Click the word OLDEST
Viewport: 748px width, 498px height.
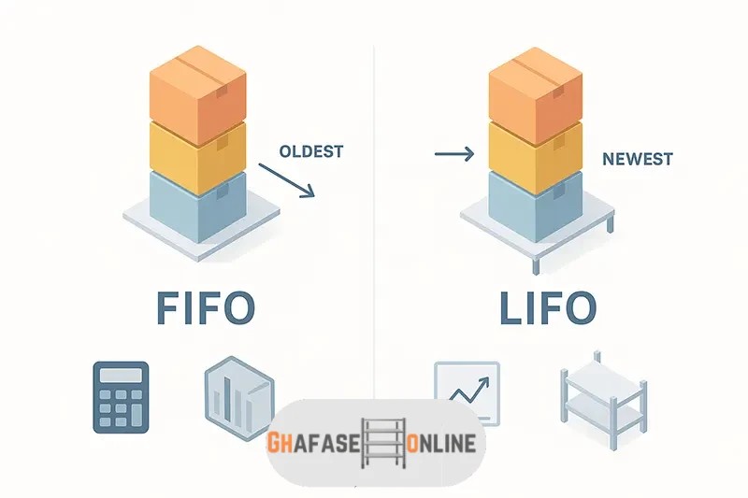click(x=311, y=150)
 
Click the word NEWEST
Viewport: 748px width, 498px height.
click(x=638, y=159)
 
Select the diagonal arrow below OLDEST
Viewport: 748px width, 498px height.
click(x=286, y=179)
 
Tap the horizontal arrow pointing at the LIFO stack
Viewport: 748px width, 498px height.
click(x=454, y=153)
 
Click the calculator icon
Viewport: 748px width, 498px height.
click(x=122, y=397)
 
